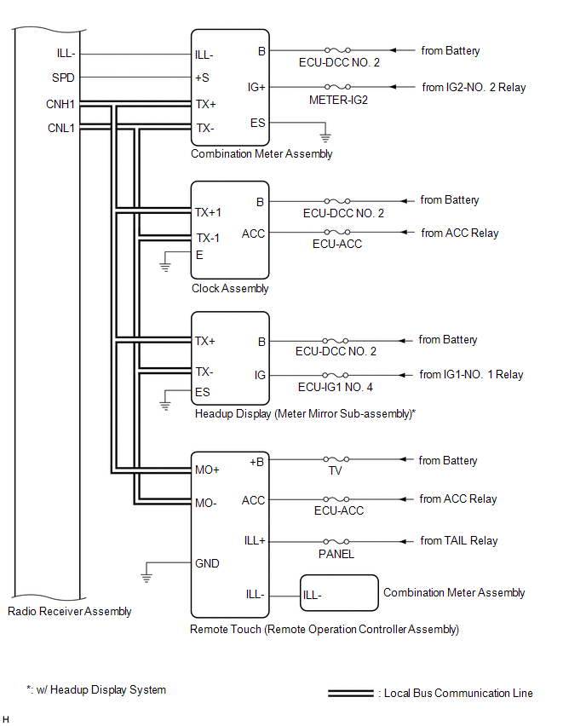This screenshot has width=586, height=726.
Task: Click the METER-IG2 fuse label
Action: pos(338,100)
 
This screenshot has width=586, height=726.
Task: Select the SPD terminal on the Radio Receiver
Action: pos(64,78)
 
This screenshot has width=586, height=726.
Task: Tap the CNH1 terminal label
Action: pos(61,105)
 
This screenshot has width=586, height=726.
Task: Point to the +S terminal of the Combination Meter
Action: pos(203,78)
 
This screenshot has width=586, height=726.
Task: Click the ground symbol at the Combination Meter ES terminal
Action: pos(324,135)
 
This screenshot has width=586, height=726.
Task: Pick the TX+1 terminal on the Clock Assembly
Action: pos(208,212)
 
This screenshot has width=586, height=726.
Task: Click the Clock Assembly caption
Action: pos(230,288)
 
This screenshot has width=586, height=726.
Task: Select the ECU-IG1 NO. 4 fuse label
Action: pos(335,387)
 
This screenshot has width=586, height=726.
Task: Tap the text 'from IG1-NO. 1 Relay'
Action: pos(471,374)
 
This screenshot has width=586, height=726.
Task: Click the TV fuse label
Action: pos(335,470)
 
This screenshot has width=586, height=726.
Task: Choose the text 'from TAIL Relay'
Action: pos(459,540)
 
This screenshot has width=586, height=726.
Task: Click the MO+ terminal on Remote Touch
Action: pos(207,470)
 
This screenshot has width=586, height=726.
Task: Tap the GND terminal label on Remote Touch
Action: pos(207,563)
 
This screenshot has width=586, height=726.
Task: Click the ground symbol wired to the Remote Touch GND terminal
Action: pos(146,577)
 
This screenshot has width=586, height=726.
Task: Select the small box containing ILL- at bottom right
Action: pos(338,592)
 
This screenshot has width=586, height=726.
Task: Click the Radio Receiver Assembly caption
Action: pos(70,611)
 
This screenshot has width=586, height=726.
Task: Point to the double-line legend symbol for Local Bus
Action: pos(350,693)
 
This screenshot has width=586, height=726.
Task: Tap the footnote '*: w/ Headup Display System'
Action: pos(95,689)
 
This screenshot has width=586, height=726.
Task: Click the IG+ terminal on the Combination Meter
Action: pos(256,87)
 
